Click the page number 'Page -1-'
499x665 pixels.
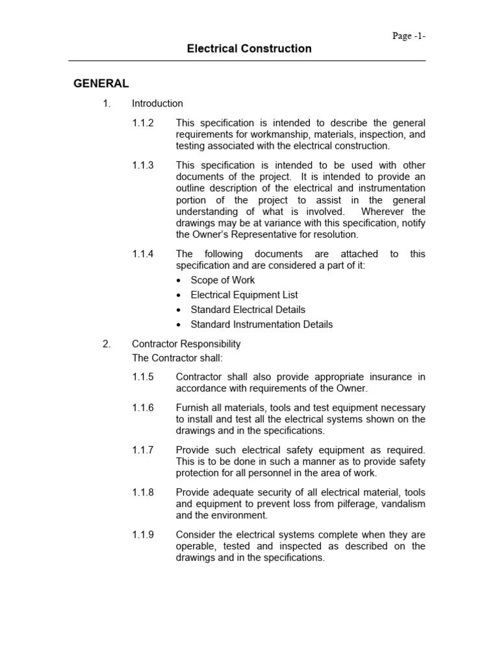(x=409, y=36)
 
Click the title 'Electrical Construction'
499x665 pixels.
(x=249, y=49)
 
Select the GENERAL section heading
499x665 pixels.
(x=101, y=84)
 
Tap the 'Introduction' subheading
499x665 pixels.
(x=157, y=103)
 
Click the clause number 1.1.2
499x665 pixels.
(x=143, y=123)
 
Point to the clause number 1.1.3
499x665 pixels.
(x=143, y=165)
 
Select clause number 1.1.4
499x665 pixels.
(x=143, y=254)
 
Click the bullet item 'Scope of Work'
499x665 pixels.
(x=222, y=280)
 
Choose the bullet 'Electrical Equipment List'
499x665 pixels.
(x=244, y=295)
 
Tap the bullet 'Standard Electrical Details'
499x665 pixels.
(x=248, y=310)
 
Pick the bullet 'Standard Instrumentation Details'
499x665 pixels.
(x=261, y=324)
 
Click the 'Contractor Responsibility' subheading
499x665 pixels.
(x=186, y=344)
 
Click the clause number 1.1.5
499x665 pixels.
(x=143, y=377)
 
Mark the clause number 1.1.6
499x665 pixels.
(x=143, y=408)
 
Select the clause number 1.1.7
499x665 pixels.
(x=143, y=450)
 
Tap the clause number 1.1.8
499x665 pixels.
(x=143, y=492)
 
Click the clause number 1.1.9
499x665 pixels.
(x=143, y=534)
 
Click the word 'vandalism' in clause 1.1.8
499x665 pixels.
(x=402, y=504)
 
